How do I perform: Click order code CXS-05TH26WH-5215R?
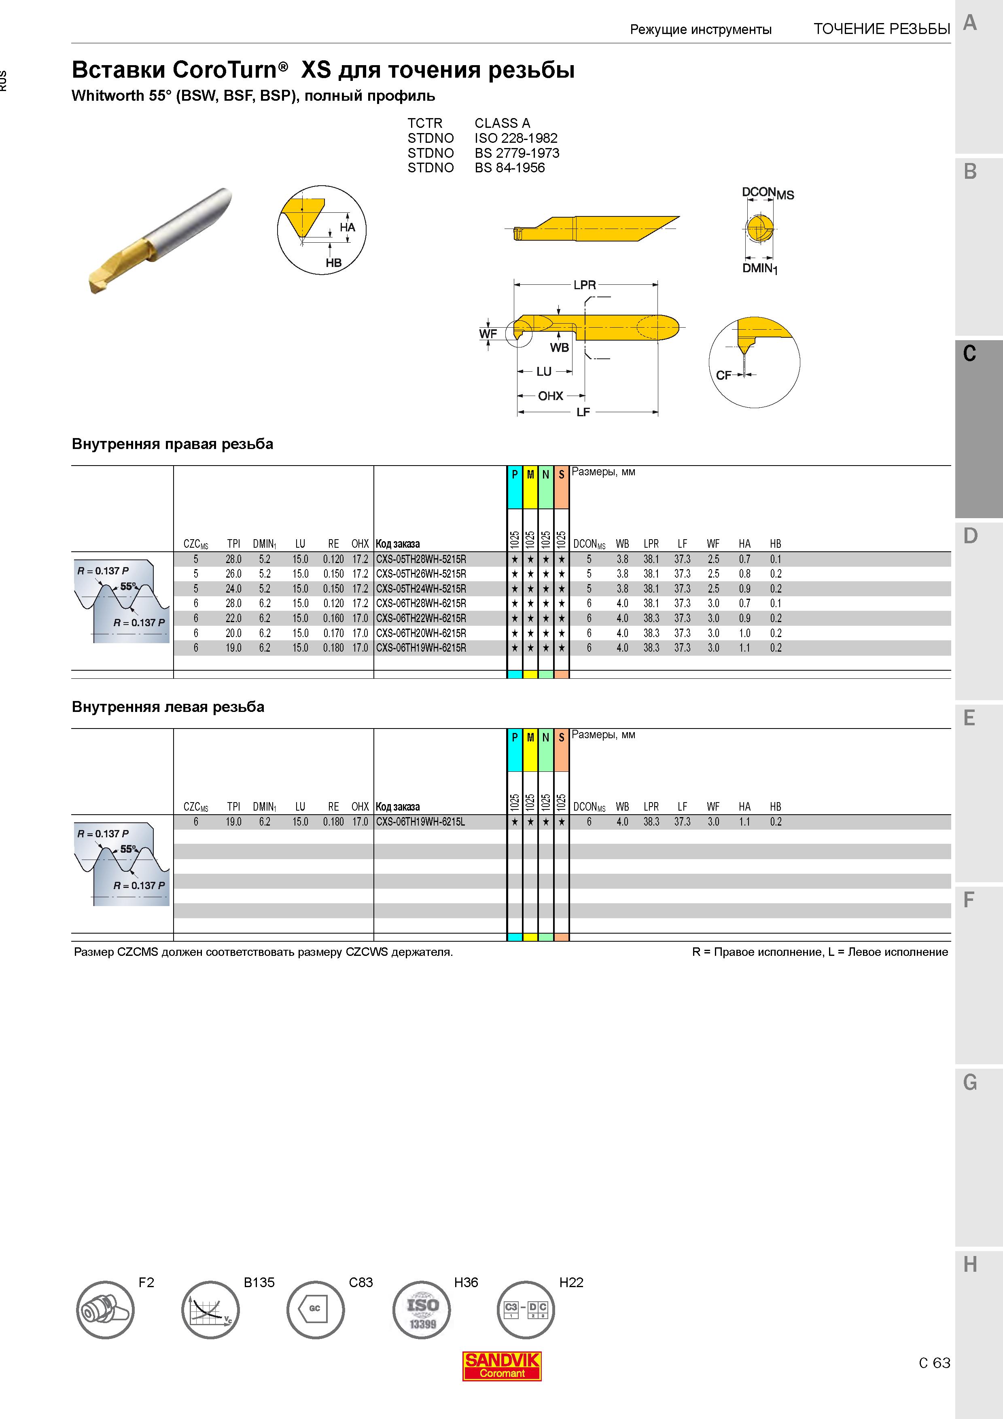coord(421,574)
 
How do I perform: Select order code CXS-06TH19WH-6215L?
coord(420,822)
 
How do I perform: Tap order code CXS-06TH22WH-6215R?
coord(421,618)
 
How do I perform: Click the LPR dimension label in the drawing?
coord(585,285)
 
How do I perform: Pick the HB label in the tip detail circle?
coord(334,263)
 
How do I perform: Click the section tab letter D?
coord(970,536)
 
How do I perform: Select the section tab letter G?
coord(970,1082)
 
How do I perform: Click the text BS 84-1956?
coord(510,167)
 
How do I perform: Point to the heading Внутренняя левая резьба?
coord(168,707)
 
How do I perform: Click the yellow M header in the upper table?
coord(530,474)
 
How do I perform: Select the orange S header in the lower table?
coord(561,737)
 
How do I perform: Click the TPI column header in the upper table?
coord(233,544)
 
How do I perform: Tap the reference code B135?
coord(259,1282)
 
